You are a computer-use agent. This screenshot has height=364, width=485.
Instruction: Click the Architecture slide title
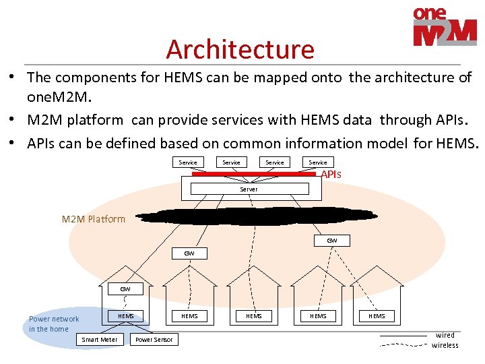coord(240,49)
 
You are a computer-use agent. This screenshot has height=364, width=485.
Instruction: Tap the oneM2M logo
coord(445,27)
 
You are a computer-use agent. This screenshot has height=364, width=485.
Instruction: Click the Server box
coord(249,189)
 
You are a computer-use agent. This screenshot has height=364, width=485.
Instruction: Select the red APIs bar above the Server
coord(253,174)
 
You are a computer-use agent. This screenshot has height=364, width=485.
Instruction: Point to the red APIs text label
coord(331,175)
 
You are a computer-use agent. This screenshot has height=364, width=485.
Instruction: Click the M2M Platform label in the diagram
coord(94,219)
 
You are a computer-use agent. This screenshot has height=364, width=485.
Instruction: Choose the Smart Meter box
coord(99,339)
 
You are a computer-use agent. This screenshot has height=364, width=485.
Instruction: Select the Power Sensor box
coord(154,339)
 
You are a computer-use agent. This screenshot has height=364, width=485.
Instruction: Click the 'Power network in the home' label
coord(53,324)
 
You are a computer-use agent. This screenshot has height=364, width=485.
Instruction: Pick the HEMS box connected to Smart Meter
coord(126,315)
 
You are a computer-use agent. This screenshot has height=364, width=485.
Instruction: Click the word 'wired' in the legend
coord(445,335)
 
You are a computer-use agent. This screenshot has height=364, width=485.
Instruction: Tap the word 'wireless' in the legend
coord(445,345)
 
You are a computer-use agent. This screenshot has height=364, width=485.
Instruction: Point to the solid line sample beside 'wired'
coord(403,335)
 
